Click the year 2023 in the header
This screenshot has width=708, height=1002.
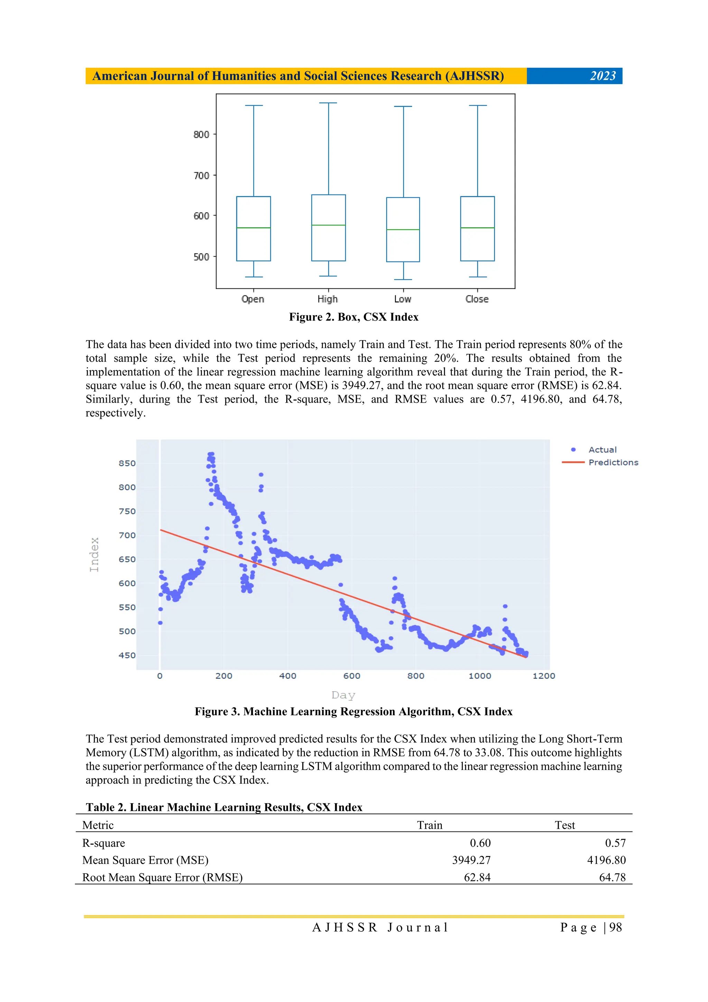click(x=603, y=76)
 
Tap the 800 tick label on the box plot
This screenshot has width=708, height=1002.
click(x=202, y=135)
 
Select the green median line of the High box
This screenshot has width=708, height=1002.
click(x=328, y=225)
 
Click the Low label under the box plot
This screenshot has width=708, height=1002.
click(x=403, y=299)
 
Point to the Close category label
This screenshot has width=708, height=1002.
click(x=477, y=299)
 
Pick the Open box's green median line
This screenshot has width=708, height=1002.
click(x=253, y=228)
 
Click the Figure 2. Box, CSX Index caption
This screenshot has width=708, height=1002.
click(x=353, y=317)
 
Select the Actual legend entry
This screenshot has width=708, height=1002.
click(x=602, y=450)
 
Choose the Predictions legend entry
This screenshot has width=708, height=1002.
click(x=613, y=462)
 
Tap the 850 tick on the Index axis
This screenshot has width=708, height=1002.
click(x=127, y=463)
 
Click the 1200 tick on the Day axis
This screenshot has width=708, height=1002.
click(x=543, y=676)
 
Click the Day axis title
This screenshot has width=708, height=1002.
click(x=343, y=695)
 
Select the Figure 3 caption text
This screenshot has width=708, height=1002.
click(x=353, y=712)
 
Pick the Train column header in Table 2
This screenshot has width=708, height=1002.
click(x=429, y=825)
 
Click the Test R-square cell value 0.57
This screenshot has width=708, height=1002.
click(x=615, y=843)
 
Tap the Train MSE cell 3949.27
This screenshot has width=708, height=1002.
click(x=471, y=860)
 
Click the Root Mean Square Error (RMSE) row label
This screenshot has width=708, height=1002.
click(x=162, y=877)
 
